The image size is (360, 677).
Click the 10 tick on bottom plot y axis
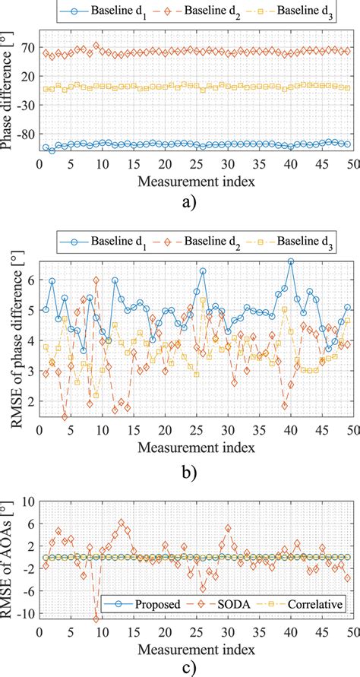28,502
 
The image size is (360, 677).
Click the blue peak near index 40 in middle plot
290,261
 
